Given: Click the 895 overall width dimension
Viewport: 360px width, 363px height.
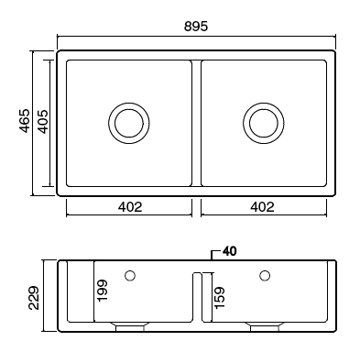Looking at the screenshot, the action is [x=196, y=27].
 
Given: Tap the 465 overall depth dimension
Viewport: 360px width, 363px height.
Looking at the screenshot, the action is [x=25, y=121].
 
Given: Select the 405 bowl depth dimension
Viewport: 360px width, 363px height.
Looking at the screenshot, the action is [x=43, y=121].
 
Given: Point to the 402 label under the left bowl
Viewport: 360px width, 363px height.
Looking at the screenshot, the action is [x=130, y=207].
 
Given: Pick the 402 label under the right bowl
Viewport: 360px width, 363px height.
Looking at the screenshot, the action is [x=262, y=207].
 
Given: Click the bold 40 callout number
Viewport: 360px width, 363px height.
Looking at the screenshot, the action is [x=229, y=251].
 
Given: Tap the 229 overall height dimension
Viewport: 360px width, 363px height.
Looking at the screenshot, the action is [x=34, y=297].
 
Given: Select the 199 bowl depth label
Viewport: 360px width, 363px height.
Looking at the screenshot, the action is [x=103, y=291].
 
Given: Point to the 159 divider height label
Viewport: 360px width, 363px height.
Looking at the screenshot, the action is [x=220, y=297].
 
